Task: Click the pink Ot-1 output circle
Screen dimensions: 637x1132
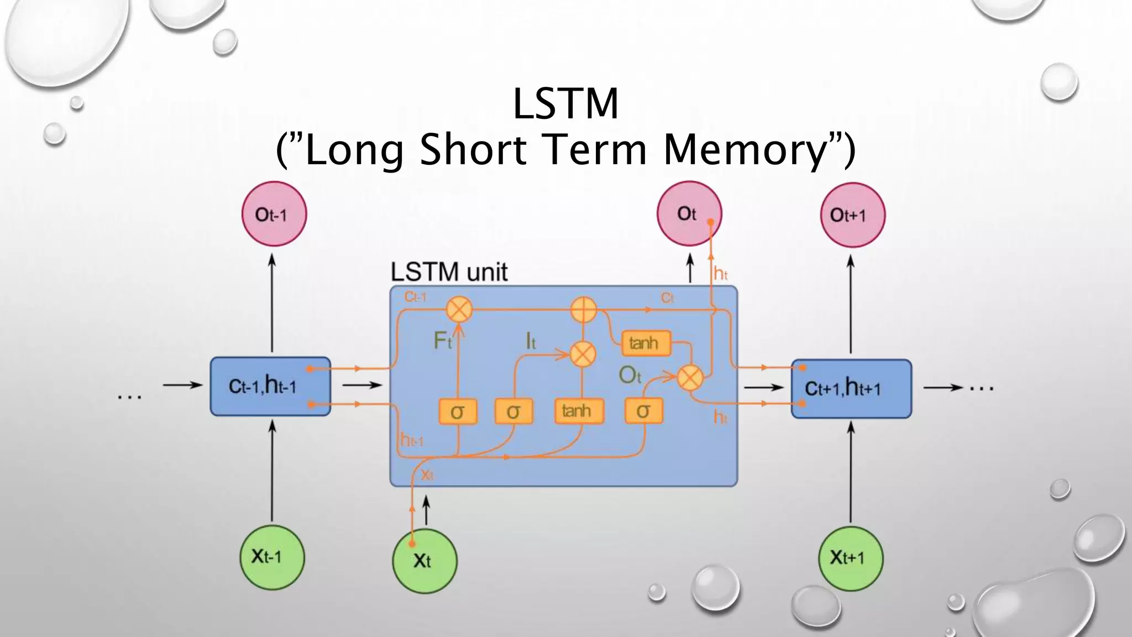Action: pyautogui.click(x=274, y=214)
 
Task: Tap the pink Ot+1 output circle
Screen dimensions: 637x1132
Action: pyautogui.click(x=852, y=215)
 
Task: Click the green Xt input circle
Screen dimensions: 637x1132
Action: pyautogui.click(x=424, y=561)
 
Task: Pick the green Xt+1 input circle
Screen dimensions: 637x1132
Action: pyautogui.click(x=850, y=558)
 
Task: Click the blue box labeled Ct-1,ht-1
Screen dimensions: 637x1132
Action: pyautogui.click(x=270, y=386)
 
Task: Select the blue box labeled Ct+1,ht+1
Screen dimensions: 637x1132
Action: pyautogui.click(x=851, y=389)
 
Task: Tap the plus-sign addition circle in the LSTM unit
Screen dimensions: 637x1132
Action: pyautogui.click(x=583, y=310)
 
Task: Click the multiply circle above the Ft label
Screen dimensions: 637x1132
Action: pyautogui.click(x=459, y=309)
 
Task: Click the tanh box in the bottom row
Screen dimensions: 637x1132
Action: pyautogui.click(x=578, y=411)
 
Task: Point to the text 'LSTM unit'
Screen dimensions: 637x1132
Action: pyautogui.click(x=449, y=272)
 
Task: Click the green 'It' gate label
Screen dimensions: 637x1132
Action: pyautogui.click(x=531, y=342)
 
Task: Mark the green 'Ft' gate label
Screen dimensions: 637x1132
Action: pyautogui.click(x=443, y=340)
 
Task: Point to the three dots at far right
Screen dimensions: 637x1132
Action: pyautogui.click(x=982, y=389)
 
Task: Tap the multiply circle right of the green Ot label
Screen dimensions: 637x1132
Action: pyautogui.click(x=690, y=378)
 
